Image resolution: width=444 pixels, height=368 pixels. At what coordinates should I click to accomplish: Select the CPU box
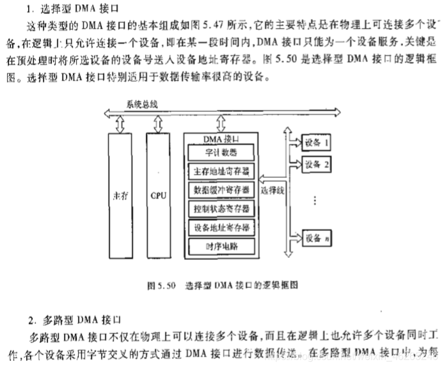(x=159, y=195)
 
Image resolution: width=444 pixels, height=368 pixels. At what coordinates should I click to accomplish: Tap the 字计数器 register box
(x=221, y=152)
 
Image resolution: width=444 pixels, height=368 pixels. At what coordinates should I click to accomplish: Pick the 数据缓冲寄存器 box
(x=221, y=190)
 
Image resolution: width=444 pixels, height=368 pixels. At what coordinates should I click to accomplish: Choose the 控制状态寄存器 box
(x=221, y=209)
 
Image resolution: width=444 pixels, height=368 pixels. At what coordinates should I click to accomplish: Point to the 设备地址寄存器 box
(x=221, y=227)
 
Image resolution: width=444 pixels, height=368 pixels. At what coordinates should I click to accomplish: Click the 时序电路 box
(x=221, y=246)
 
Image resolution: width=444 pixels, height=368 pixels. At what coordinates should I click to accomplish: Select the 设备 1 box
(x=317, y=142)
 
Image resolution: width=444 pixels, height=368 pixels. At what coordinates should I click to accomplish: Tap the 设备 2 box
(x=317, y=163)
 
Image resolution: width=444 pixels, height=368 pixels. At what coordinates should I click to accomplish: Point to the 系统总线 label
(x=142, y=104)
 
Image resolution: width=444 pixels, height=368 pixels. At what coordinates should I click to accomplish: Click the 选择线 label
(x=271, y=191)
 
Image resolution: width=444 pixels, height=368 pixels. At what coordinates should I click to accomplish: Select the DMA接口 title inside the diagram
(x=221, y=138)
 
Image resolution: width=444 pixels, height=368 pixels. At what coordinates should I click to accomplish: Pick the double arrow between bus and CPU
(x=159, y=123)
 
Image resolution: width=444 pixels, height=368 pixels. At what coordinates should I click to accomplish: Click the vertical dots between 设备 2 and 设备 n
(x=314, y=200)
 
